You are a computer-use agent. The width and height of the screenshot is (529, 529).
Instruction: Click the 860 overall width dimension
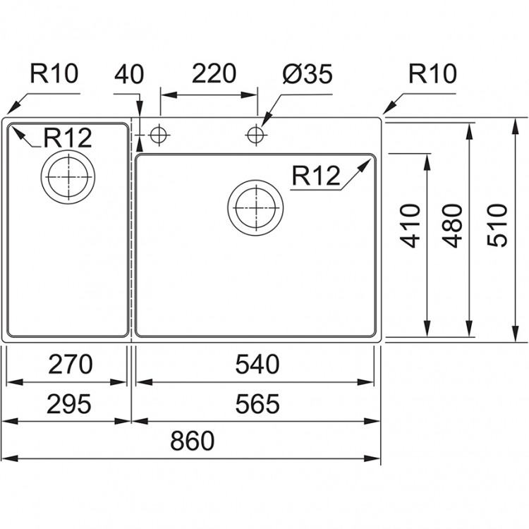click(x=191, y=442)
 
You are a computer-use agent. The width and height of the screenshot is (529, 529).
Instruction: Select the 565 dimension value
click(x=258, y=404)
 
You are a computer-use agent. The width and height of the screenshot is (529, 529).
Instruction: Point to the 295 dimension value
click(x=69, y=404)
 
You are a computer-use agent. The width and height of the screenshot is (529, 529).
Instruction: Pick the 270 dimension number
click(x=69, y=365)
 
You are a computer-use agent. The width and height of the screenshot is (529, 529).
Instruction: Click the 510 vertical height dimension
click(x=499, y=225)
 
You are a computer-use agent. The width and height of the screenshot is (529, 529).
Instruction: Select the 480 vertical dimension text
click(x=454, y=225)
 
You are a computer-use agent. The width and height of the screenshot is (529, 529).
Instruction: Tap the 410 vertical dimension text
click(x=411, y=225)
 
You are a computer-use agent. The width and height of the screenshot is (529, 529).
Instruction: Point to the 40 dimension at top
click(x=129, y=74)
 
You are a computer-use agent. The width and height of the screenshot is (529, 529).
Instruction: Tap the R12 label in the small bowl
click(x=68, y=139)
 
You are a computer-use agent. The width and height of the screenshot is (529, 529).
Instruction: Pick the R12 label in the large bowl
click(x=317, y=176)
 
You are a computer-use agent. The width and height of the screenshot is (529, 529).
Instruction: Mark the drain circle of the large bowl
click(x=256, y=207)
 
